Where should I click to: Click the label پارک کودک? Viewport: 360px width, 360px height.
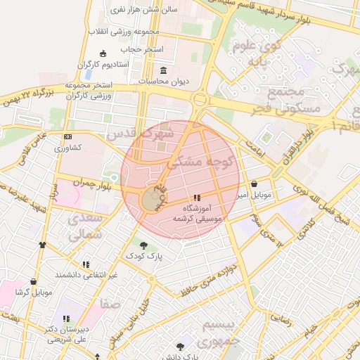point(144,257)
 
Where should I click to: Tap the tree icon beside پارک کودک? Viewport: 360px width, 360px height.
point(144,245)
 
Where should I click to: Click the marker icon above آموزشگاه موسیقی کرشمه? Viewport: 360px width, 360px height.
point(197,198)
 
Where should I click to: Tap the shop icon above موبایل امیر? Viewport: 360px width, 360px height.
point(254,184)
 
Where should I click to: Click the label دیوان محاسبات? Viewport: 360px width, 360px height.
point(165,82)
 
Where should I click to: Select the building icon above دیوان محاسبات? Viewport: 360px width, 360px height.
point(164,70)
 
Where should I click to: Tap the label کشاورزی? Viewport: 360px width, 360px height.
point(68,148)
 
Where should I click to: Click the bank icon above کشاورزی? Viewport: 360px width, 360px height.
point(67,136)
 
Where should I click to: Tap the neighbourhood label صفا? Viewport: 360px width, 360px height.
point(110,305)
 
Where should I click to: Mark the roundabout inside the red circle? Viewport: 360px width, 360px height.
point(150,200)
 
